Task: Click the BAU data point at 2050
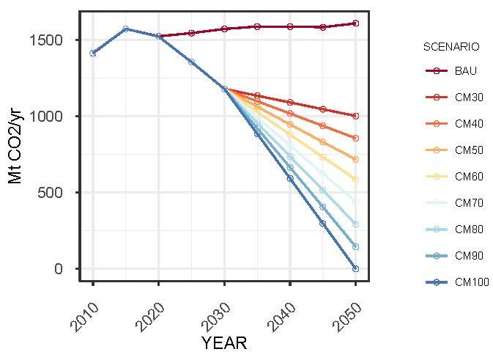[x=355, y=23]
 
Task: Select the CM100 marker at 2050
[x=355, y=268]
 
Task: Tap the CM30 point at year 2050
[x=355, y=116]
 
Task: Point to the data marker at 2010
[x=93, y=53]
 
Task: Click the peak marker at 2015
[x=126, y=29]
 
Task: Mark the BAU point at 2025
[x=191, y=33]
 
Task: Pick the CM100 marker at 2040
[x=290, y=178]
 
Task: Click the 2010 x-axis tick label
[x=86, y=312]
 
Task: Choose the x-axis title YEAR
[x=224, y=342]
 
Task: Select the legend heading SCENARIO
[x=451, y=47]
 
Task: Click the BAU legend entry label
[x=464, y=71]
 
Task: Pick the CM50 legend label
[x=468, y=150]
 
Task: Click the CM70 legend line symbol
[x=436, y=203]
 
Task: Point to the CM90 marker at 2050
[x=355, y=247]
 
